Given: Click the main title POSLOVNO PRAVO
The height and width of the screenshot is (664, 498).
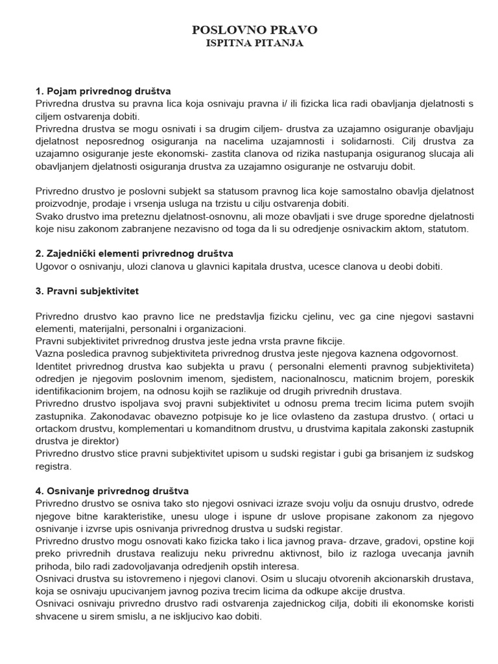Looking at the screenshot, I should (255, 30).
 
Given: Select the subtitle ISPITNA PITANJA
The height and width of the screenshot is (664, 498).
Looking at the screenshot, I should (255, 44).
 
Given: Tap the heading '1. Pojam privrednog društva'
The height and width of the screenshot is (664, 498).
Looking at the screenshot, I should (102, 91).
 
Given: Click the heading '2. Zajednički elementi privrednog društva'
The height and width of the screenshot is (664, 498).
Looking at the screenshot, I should (134, 254).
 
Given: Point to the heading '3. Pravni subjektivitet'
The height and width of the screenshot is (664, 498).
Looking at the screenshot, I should (87, 292).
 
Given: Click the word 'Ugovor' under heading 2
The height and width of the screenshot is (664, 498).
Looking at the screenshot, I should (52, 267).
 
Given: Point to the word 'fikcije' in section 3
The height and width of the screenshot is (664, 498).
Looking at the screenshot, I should (329, 341).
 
